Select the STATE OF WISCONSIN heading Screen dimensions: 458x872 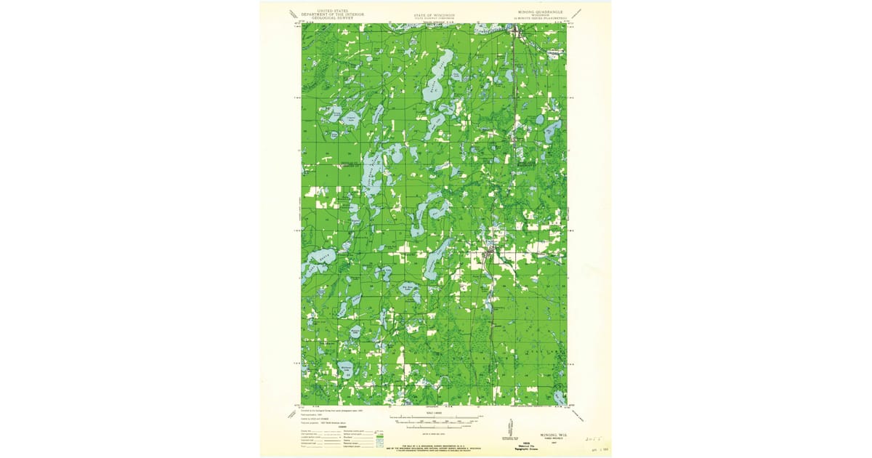435,15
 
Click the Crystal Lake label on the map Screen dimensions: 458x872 351,117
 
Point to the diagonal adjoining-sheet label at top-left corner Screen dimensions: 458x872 294,14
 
